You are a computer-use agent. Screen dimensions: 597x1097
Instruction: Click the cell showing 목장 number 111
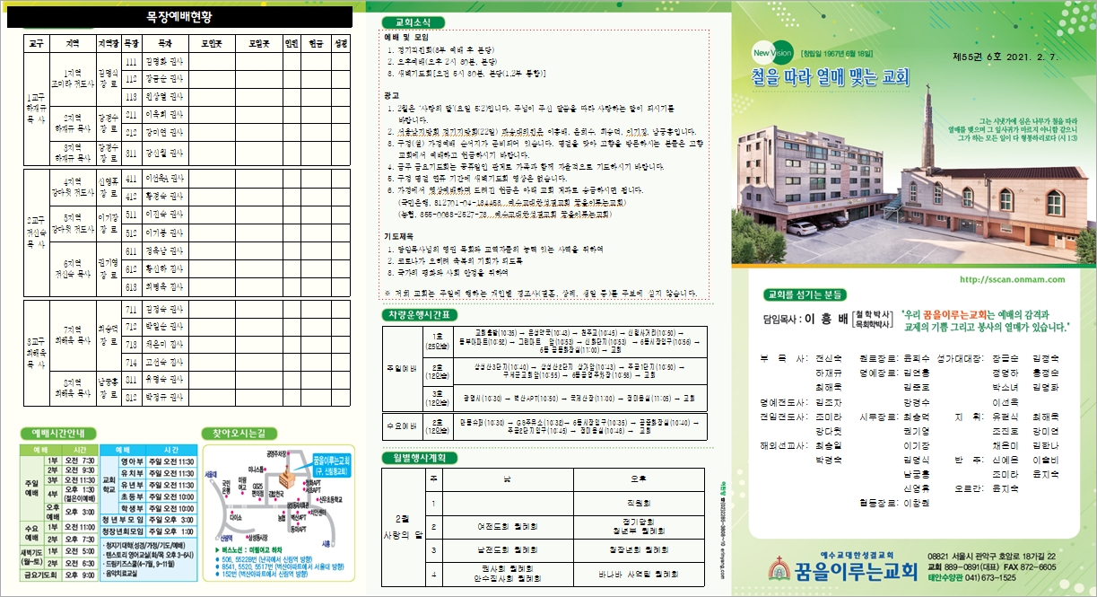click(131, 62)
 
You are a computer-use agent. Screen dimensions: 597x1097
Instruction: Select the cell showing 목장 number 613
click(131, 286)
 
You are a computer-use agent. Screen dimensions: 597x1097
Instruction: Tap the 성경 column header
click(340, 42)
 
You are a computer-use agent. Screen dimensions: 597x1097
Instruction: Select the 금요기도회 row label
click(38, 575)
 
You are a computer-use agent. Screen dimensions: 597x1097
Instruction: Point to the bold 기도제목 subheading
click(399, 235)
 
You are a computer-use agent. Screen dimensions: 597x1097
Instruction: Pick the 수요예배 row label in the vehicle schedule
click(401, 425)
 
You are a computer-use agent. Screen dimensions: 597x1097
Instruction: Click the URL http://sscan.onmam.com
click(1011, 279)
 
